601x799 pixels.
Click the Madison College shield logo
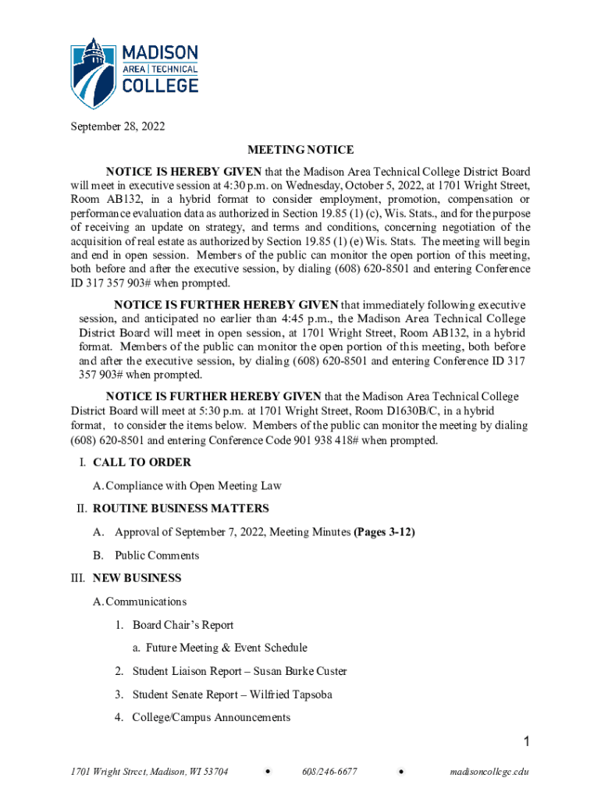[x=94, y=73]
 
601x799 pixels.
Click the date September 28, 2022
[x=118, y=126]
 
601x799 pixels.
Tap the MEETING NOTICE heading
[x=300, y=149]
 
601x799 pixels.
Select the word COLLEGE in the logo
[x=162, y=85]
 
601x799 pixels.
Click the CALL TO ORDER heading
[x=141, y=463]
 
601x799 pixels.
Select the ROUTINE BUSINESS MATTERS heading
[x=180, y=509]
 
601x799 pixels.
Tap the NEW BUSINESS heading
[x=137, y=578]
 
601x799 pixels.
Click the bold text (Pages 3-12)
[x=384, y=532]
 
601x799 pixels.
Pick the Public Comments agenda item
[x=157, y=556]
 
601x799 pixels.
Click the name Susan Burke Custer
[x=300, y=671]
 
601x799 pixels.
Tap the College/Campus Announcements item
[x=211, y=717]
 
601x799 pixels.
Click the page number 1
[x=527, y=741]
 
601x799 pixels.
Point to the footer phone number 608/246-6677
[x=329, y=772]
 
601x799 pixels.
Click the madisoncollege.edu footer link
[x=489, y=772]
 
